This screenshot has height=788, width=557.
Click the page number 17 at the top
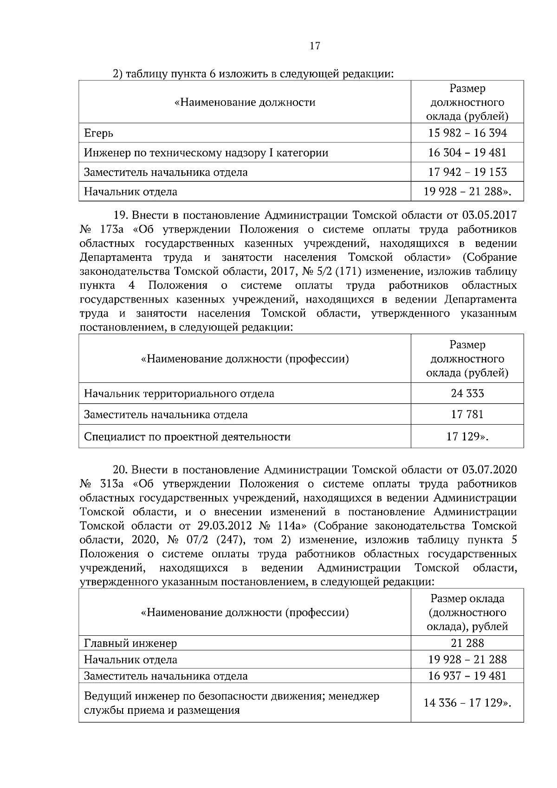coord(314,46)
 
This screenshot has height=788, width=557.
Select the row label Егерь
coord(98,134)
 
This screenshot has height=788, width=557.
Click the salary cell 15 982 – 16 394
coord(467,133)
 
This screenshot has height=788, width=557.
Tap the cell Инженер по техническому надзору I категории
coord(206,153)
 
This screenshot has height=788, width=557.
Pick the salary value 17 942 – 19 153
coord(467,172)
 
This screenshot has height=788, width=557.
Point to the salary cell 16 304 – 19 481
coord(467,153)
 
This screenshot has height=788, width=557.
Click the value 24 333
coord(467,394)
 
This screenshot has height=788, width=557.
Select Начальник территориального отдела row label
coord(179,394)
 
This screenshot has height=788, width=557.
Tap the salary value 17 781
coord(467,414)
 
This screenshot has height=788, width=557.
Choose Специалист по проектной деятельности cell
coord(187,437)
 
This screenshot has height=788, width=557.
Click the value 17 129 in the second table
coord(464,437)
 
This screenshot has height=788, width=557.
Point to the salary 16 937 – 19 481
coord(467,676)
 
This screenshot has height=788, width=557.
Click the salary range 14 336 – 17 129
coord(464,703)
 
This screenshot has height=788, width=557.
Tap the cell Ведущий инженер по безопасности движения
coord(231,696)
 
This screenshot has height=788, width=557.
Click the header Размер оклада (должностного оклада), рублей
coord(467,613)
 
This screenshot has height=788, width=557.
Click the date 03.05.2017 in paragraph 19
coord(489,216)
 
